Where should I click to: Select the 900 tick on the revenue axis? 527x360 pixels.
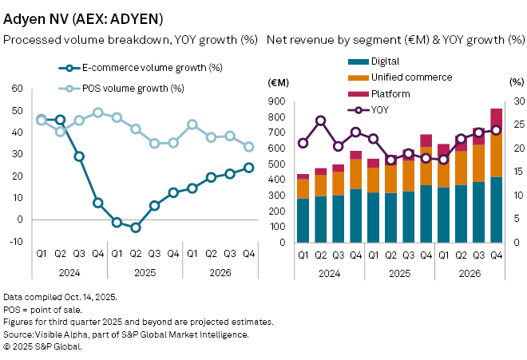pos(277,101)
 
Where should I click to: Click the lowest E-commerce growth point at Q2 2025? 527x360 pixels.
pos(136,227)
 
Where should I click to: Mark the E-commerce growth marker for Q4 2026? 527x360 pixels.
pos(249,168)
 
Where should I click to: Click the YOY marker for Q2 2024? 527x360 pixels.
pos(320,121)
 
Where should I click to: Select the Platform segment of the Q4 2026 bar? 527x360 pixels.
pos(496,119)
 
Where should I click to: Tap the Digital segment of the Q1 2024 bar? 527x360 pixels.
pos(303,220)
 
